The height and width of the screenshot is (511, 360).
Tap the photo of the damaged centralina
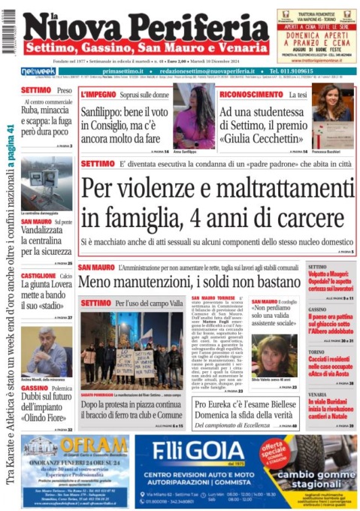(47, 183)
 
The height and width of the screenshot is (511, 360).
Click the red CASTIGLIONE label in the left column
(39, 276)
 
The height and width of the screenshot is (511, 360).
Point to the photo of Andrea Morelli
(47, 350)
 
